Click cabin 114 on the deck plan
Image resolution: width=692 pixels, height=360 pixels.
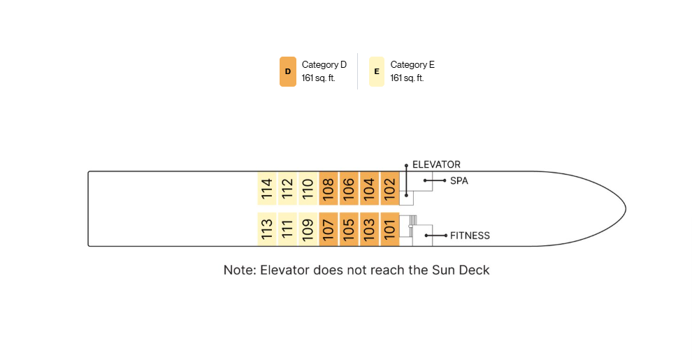pyautogui.click(x=267, y=188)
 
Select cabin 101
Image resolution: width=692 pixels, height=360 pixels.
pyautogui.click(x=390, y=229)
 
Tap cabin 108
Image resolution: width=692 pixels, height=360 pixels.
pyautogui.click(x=329, y=188)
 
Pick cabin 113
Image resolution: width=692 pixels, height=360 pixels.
pyautogui.click(x=267, y=229)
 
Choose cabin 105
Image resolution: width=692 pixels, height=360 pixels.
pyautogui.click(x=349, y=229)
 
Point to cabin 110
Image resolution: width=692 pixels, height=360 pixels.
pyautogui.click(x=308, y=188)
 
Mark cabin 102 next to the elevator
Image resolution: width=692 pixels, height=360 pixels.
pyautogui.click(x=390, y=188)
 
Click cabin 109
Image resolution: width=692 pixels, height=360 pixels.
pyautogui.click(x=308, y=229)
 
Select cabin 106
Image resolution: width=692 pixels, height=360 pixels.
pyautogui.click(x=349, y=188)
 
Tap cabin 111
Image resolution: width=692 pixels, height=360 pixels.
pyautogui.click(x=287, y=229)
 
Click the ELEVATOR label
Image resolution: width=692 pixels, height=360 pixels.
pyautogui.click(x=436, y=164)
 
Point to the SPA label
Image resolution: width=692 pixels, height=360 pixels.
pyautogui.click(x=459, y=181)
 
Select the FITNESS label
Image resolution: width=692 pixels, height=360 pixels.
pyautogui.click(x=470, y=236)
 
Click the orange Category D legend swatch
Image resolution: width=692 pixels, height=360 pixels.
pyautogui.click(x=288, y=71)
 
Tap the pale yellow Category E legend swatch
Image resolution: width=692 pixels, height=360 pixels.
pyautogui.click(x=377, y=71)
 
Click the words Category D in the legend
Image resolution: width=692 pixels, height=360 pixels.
pyautogui.click(x=324, y=65)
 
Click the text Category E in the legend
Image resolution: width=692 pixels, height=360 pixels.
pyautogui.click(x=412, y=65)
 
